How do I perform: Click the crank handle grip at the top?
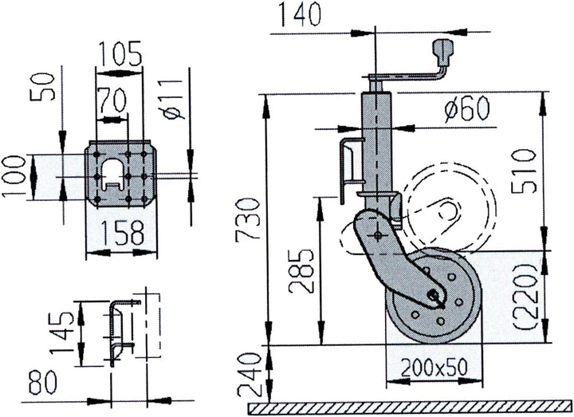coord(442,57)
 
